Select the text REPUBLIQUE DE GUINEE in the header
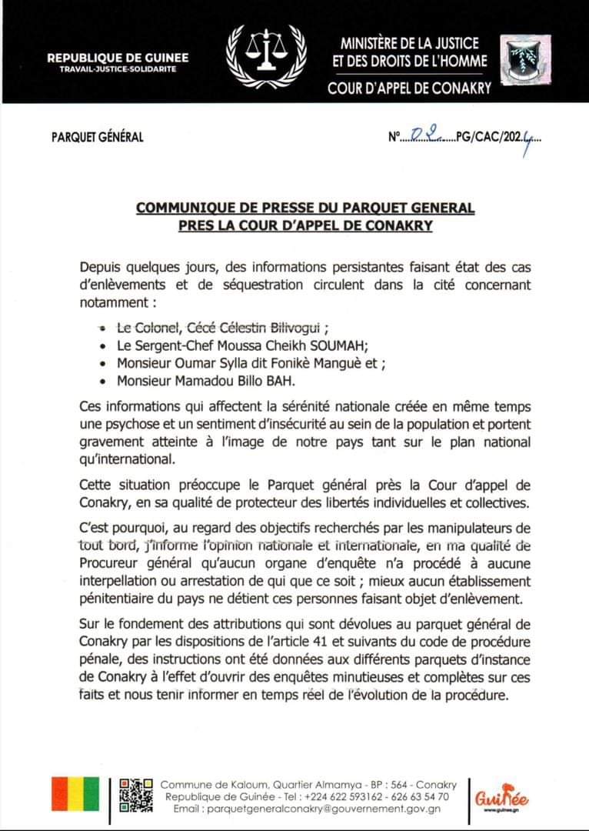(118, 58)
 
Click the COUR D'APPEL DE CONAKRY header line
(409, 88)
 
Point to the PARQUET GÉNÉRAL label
(97, 138)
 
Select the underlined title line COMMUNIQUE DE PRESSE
(305, 208)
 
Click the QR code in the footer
(135, 795)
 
